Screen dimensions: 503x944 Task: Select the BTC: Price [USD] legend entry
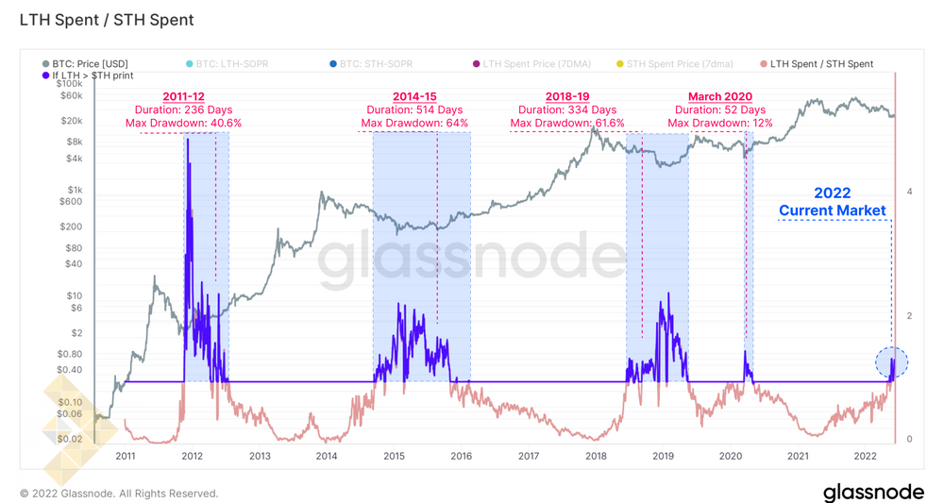pyautogui.click(x=91, y=64)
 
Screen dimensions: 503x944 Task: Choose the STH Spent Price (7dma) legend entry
pyautogui.click(x=680, y=64)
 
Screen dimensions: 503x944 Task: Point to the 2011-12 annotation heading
pyautogui.click(x=183, y=96)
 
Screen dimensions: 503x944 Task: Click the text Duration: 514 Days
pyautogui.click(x=414, y=109)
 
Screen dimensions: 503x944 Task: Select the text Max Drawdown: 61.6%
pyautogui.click(x=567, y=123)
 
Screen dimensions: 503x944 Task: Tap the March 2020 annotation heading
pyautogui.click(x=719, y=96)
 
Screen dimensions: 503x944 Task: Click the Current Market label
pyautogui.click(x=832, y=210)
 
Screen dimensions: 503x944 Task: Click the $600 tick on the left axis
pyautogui.click(x=71, y=201)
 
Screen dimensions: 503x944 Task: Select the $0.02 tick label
pyautogui.click(x=69, y=439)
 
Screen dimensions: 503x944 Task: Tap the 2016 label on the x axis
pyautogui.click(x=462, y=456)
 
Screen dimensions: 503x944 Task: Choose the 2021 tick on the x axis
pyautogui.click(x=798, y=456)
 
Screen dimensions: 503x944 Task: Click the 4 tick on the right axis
pyautogui.click(x=909, y=192)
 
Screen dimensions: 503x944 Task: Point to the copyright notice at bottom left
pyautogui.click(x=119, y=494)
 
